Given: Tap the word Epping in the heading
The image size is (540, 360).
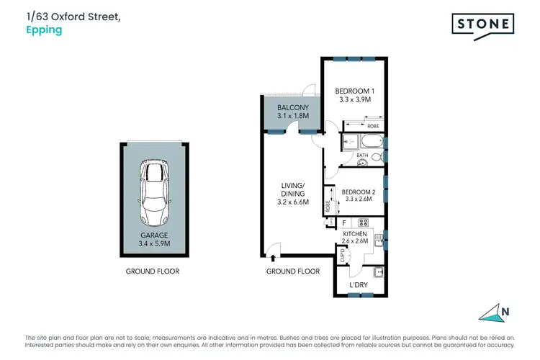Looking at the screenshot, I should [43, 30].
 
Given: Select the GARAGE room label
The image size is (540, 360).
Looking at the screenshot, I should [153, 235].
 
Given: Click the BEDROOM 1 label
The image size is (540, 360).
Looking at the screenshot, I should [355, 91].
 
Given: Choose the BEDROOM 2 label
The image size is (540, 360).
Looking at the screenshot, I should [358, 192].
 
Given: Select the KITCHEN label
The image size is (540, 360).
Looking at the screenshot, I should [355, 234].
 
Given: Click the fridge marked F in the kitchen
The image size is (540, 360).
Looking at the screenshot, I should [345, 222].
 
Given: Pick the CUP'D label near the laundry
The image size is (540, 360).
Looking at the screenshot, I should [342, 256].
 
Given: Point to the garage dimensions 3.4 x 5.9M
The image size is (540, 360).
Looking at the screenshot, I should [153, 244].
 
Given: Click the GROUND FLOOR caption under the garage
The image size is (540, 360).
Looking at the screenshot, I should [153, 271].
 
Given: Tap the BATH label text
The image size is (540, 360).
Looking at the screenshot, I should [361, 156].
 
